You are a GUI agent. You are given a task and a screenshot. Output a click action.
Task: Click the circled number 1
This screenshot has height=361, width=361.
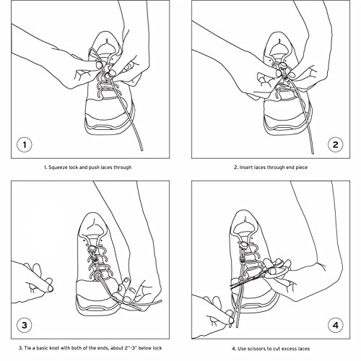tap(25, 144)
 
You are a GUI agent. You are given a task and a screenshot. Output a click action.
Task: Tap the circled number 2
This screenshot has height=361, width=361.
tap(335, 144)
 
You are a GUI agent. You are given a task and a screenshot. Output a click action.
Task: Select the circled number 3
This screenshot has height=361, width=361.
tap(25, 325)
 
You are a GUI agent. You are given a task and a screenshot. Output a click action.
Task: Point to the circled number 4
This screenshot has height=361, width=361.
tap(335, 325)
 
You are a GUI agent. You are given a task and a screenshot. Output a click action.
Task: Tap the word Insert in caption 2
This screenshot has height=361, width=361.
tap(245, 168)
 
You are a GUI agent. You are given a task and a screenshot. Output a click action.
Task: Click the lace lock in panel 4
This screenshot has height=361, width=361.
tap(243, 245)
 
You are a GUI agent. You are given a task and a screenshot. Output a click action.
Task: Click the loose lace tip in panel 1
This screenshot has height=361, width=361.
tap(142, 149)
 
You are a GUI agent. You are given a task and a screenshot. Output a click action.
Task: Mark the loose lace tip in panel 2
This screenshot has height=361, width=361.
tap(312, 152)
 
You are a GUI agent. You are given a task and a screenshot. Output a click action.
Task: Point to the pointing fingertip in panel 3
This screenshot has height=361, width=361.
tap(50, 288)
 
